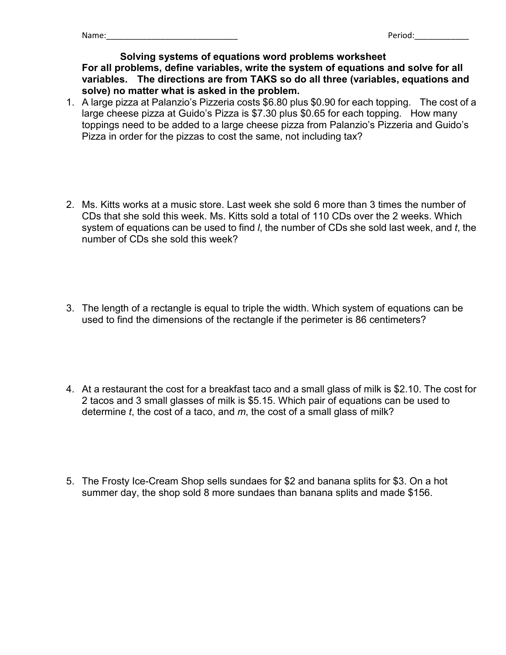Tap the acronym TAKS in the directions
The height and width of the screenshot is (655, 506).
(x=264, y=79)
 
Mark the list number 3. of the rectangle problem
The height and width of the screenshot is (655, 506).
(x=70, y=308)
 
